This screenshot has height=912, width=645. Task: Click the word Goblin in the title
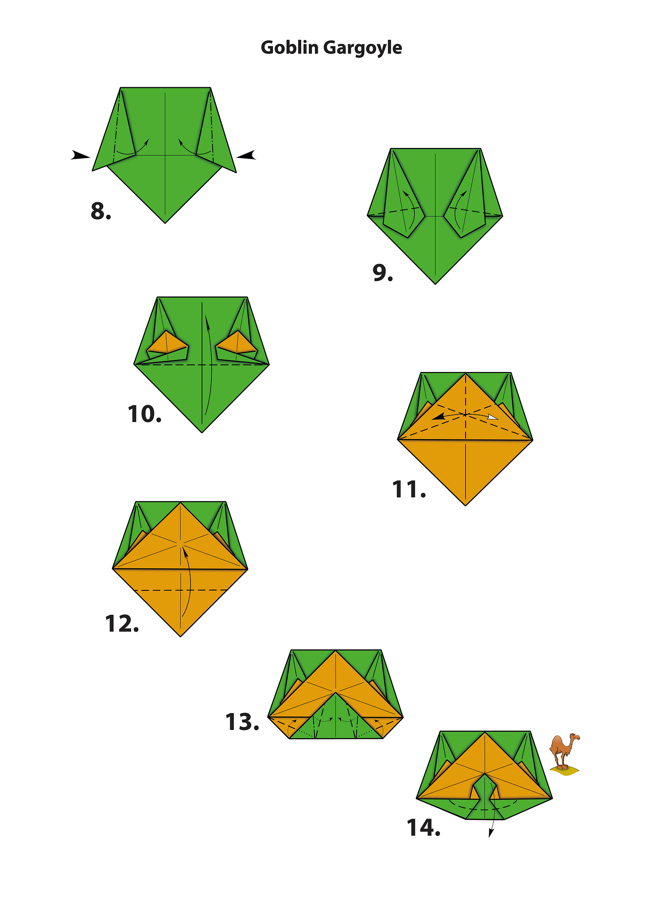pyautogui.click(x=289, y=47)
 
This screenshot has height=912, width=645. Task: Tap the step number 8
pyautogui.click(x=101, y=211)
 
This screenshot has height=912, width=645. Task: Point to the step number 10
pyautogui.click(x=144, y=414)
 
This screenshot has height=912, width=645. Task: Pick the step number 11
pyautogui.click(x=409, y=489)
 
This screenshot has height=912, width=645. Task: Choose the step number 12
pyautogui.click(x=122, y=624)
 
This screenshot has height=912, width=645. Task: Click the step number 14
pyautogui.click(x=424, y=827)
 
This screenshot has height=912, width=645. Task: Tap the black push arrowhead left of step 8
pyautogui.click(x=81, y=155)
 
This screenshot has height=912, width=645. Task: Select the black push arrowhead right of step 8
pyautogui.click(x=246, y=155)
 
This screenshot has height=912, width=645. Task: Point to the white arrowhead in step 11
pyautogui.click(x=492, y=417)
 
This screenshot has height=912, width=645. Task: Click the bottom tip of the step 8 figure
pyautogui.click(x=165, y=223)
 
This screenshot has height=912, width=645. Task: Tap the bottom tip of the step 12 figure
pyautogui.click(x=181, y=636)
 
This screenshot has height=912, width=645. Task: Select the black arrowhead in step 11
pyautogui.click(x=439, y=417)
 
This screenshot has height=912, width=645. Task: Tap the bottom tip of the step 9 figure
pyautogui.click(x=435, y=284)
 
